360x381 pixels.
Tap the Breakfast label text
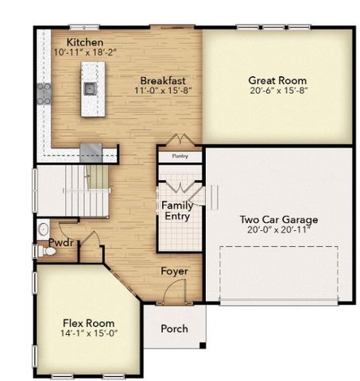click(x=163, y=80)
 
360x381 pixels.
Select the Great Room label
click(x=277, y=80)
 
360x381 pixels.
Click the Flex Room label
click(x=88, y=323)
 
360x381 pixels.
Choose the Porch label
click(x=174, y=328)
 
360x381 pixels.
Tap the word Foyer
click(x=174, y=271)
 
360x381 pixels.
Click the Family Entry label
click(x=177, y=210)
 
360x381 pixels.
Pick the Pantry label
click(x=180, y=156)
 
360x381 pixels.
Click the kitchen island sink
click(x=90, y=87)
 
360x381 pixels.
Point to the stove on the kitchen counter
click(x=43, y=94)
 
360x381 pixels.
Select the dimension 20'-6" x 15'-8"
click(x=277, y=90)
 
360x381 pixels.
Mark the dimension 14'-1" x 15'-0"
click(x=88, y=333)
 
